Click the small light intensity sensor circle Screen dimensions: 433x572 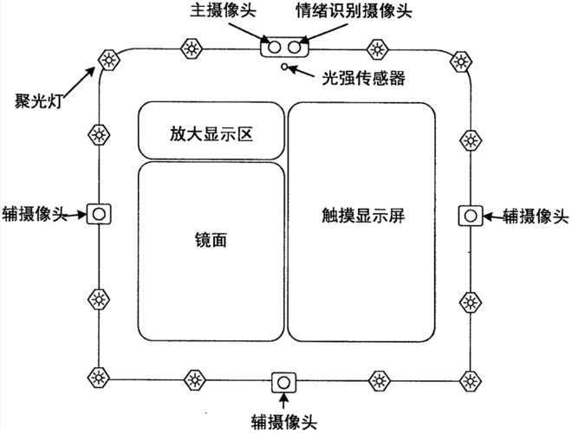283,66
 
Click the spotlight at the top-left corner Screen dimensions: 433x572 108,59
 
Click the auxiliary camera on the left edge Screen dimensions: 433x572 98,213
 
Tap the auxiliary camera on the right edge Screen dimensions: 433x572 470,214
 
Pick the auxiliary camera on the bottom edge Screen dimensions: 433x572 283,382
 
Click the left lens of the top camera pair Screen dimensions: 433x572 275,47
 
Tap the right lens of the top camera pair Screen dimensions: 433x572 294,47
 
